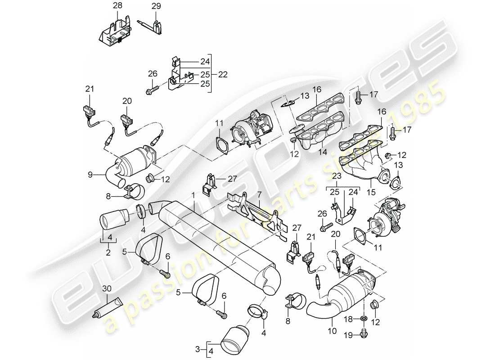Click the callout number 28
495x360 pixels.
tap(117, 6)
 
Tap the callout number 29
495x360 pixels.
tap(155, 6)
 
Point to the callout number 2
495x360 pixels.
tap(108, 252)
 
